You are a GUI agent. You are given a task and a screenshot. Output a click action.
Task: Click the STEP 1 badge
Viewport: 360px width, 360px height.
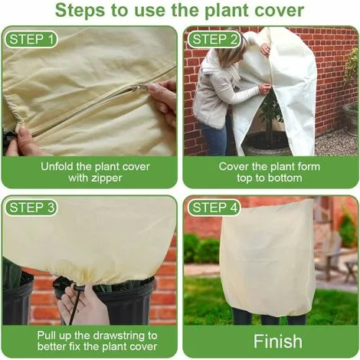point(31,39)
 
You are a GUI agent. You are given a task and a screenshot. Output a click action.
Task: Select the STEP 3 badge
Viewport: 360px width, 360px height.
point(31,207)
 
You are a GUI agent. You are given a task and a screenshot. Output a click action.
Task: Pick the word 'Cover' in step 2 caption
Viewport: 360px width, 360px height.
point(233,165)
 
